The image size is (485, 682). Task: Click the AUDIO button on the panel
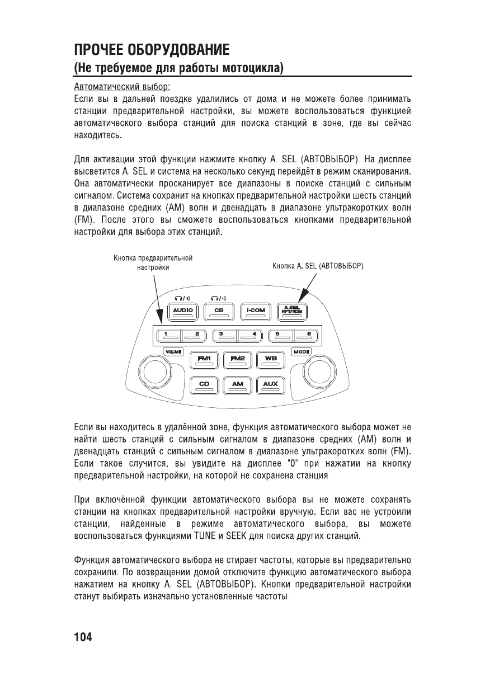pyautogui.click(x=182, y=311)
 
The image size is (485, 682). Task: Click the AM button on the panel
pyautogui.click(x=238, y=385)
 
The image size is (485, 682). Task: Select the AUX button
pyautogui.click(x=271, y=385)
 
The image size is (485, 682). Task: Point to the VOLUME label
pyautogui.click(x=173, y=351)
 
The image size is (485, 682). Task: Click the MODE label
pyautogui.click(x=303, y=351)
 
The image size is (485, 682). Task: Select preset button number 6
pyautogui.click(x=308, y=335)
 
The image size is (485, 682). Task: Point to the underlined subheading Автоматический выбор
pyautogui.click(x=122, y=88)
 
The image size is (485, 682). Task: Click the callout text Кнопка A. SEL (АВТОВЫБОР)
pyautogui.click(x=318, y=266)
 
